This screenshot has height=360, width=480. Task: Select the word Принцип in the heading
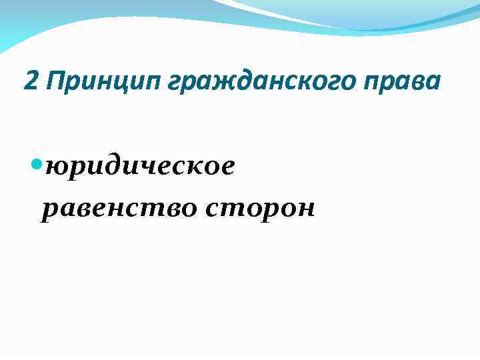87,82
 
